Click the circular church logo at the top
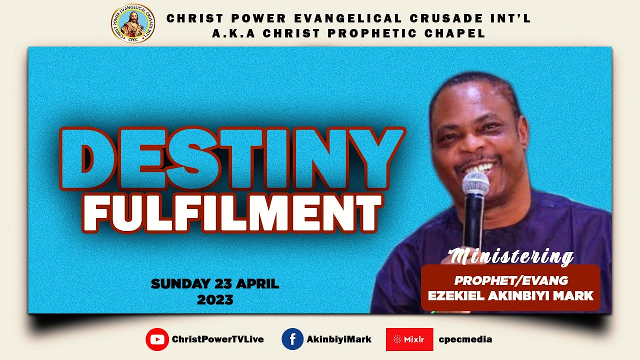(132, 23)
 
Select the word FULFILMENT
(232, 214)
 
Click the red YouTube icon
(157, 339)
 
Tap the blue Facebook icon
(293, 339)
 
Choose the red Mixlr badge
(409, 339)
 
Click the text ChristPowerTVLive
(217, 339)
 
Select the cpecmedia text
(465, 339)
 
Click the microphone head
(475, 184)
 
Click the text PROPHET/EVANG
(511, 281)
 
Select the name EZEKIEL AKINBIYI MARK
(511, 296)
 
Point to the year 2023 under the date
(215, 300)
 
